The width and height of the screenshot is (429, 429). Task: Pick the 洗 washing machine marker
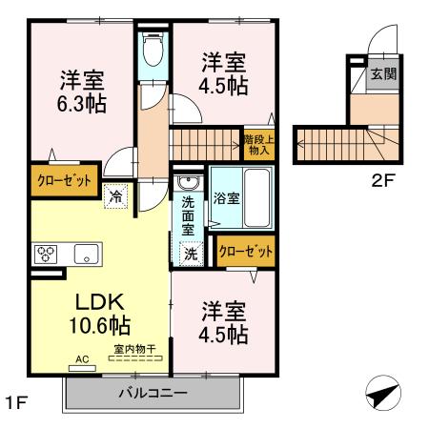(191, 255)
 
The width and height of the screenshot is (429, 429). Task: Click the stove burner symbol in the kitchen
(48, 254)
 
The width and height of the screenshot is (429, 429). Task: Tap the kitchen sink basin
(85, 254)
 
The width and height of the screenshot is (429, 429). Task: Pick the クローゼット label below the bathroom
(246, 252)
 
